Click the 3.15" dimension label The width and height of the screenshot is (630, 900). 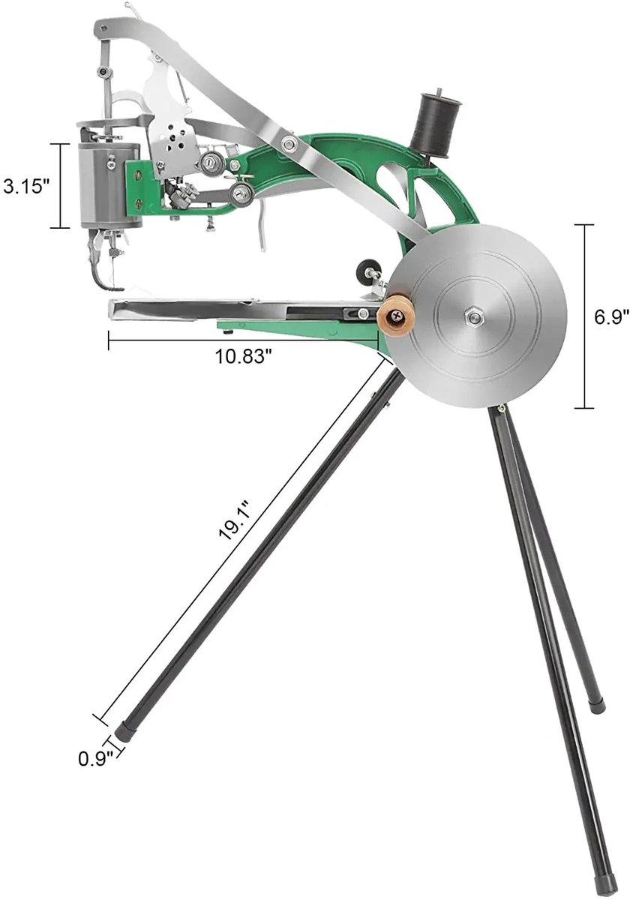pyautogui.click(x=26, y=187)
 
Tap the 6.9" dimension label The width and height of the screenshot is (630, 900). pyautogui.click(x=611, y=317)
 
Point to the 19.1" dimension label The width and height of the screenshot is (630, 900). pyautogui.click(x=235, y=520)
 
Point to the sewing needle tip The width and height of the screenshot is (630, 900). pyautogui.click(x=114, y=283)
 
